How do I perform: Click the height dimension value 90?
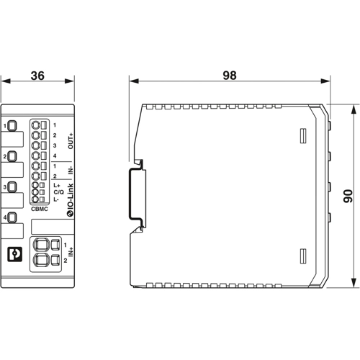[348, 195]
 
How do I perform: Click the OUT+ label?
[71, 140]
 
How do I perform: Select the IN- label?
[71, 171]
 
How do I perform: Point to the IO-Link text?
[71, 196]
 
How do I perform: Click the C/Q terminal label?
[57, 192]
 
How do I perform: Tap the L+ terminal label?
[56, 186]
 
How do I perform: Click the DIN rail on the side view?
[134, 194]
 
